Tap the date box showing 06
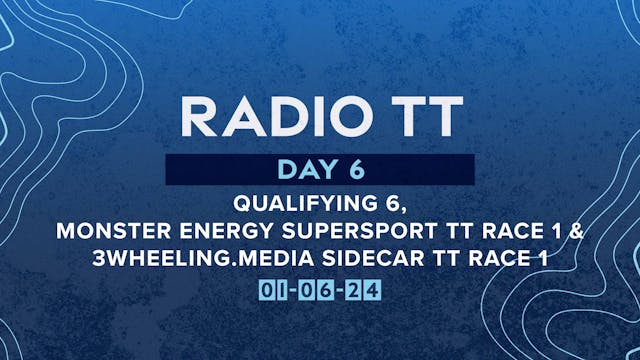pyautogui.click(x=320, y=290)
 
